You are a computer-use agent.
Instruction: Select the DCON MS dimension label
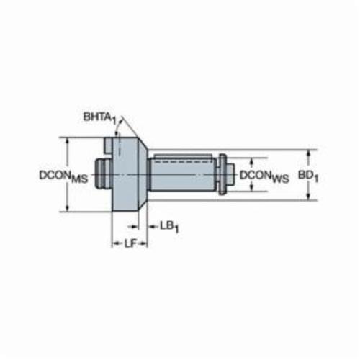click(63, 176)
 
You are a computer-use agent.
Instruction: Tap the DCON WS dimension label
click(264, 176)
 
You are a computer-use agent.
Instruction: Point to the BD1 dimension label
click(308, 176)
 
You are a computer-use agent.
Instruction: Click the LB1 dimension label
click(169, 227)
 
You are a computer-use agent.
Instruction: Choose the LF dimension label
click(130, 244)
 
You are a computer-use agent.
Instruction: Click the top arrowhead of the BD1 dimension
click(309, 153)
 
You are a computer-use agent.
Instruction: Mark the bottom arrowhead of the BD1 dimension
click(309, 197)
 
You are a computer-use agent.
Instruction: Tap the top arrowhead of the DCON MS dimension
click(68, 141)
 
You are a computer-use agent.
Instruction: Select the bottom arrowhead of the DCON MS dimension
click(68, 208)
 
